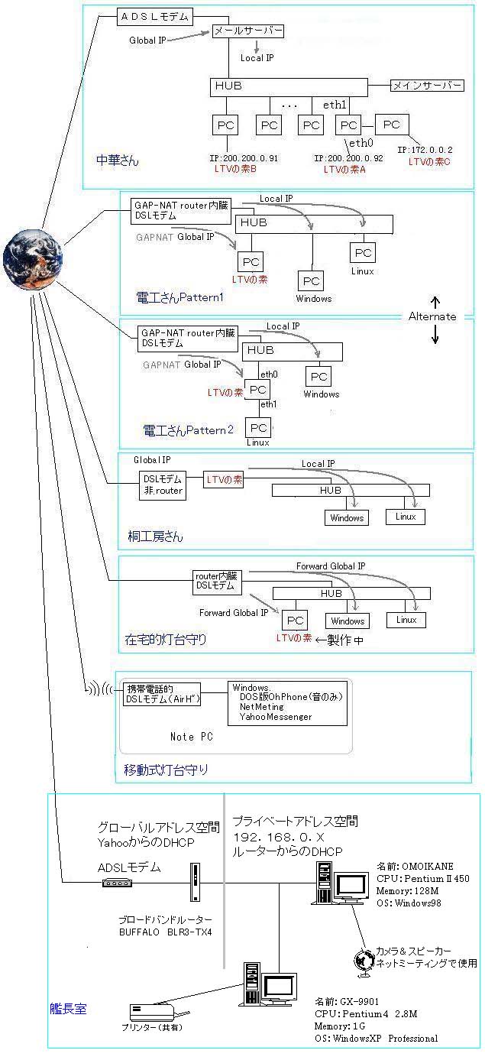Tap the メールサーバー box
(x=247, y=31)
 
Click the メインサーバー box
(x=427, y=86)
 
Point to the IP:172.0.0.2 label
(x=425, y=150)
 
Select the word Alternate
(x=432, y=316)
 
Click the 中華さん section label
(x=114, y=161)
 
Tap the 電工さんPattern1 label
(x=179, y=297)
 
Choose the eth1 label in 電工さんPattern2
(x=268, y=404)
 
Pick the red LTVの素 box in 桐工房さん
(x=225, y=480)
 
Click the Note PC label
(x=191, y=737)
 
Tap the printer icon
(x=155, y=1015)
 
